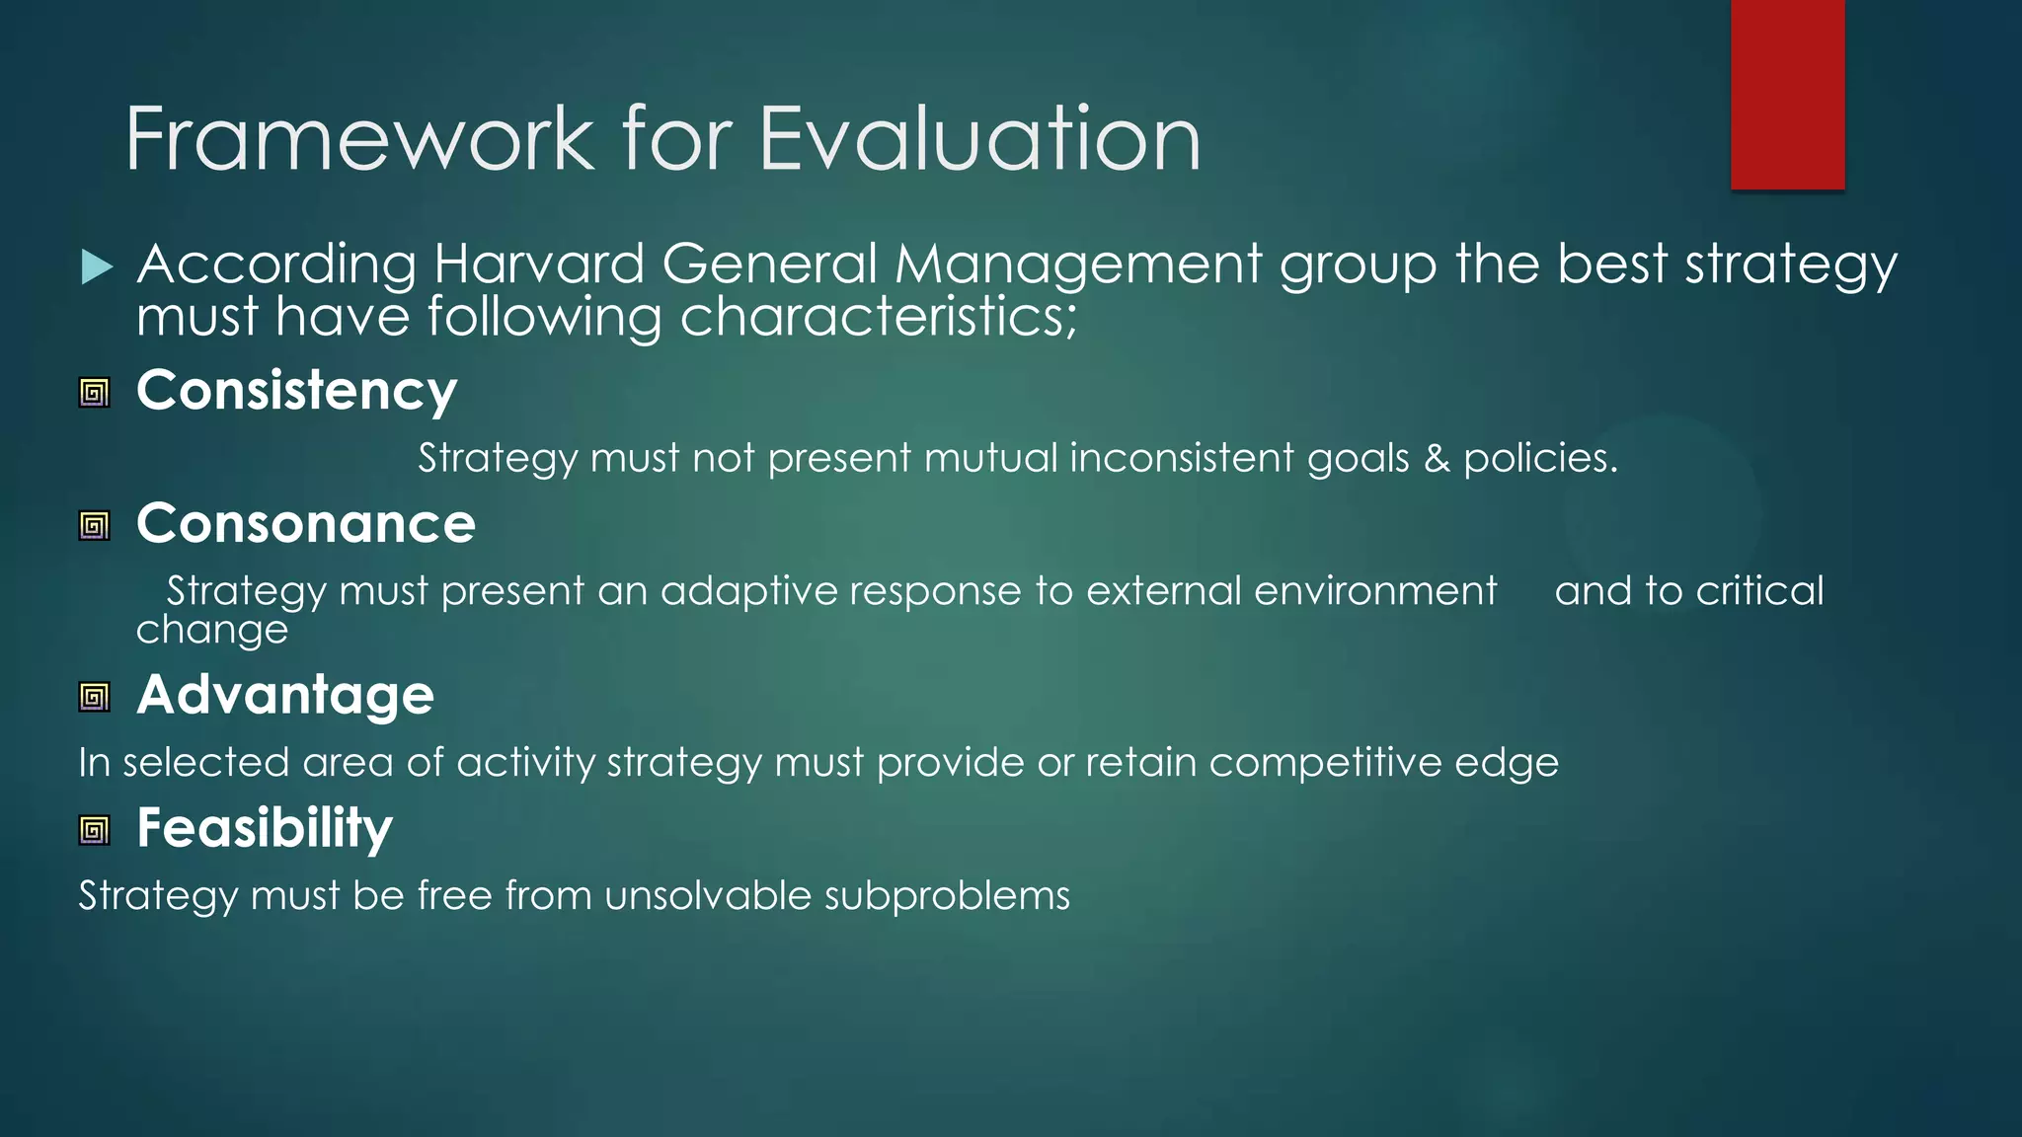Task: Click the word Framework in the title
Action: point(358,139)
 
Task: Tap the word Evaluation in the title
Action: point(979,139)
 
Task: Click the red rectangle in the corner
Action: point(1787,94)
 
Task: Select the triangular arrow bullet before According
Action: point(97,266)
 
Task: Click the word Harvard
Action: point(539,265)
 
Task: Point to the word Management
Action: point(1078,265)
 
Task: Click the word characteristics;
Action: point(879,318)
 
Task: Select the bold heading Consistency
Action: point(296,391)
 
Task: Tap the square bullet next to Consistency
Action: point(95,394)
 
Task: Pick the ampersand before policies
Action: point(1437,459)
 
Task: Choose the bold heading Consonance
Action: point(305,524)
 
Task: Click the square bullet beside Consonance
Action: point(95,526)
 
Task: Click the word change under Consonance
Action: point(211,631)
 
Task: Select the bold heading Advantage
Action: point(284,696)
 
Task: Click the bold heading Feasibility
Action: point(264,828)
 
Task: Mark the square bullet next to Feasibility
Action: point(95,831)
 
